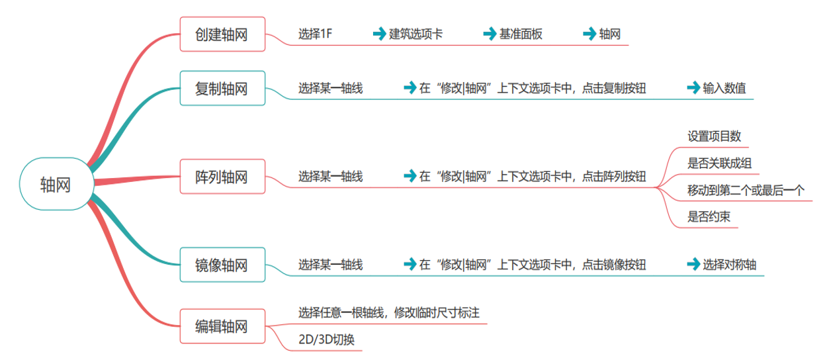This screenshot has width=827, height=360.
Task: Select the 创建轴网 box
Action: point(222,34)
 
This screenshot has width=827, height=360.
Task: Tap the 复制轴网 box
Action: point(222,88)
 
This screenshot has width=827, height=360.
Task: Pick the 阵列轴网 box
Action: point(222,177)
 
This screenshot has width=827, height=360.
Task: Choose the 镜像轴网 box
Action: point(222,265)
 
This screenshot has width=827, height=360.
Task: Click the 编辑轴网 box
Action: point(222,326)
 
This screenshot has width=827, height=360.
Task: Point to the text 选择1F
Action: point(315,34)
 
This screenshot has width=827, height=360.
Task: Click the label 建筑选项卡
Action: point(416,34)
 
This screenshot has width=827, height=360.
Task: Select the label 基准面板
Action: point(521,34)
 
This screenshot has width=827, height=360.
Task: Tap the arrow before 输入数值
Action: point(693,88)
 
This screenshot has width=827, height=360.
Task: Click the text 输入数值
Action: point(724,88)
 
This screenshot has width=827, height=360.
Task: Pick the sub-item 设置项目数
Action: point(714,136)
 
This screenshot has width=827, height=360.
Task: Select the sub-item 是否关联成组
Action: point(719,163)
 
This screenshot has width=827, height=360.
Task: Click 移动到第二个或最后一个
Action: point(746,191)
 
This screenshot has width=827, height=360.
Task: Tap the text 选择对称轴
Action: point(730,265)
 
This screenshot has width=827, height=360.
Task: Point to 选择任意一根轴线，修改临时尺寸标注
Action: point(389,312)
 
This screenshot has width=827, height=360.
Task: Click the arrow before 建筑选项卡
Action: point(379,34)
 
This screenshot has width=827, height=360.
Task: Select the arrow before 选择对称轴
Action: point(693,265)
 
